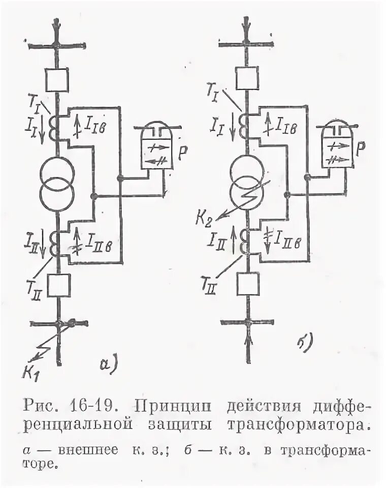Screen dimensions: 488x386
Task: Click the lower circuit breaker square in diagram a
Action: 57,286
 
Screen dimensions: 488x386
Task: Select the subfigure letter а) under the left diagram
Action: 108,364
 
